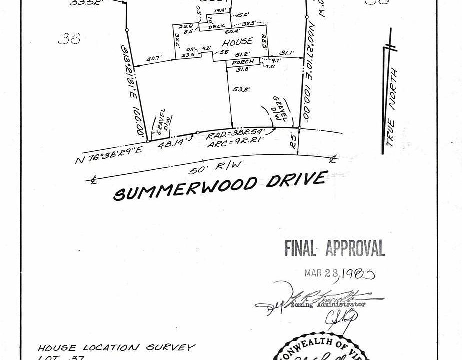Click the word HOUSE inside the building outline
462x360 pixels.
pos(237,42)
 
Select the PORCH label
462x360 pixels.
pos(243,61)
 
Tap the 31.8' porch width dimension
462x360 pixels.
pos(244,69)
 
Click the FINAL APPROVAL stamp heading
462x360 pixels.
pos(334,248)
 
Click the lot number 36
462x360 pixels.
pos(69,38)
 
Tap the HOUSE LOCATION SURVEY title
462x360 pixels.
pos(116,347)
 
